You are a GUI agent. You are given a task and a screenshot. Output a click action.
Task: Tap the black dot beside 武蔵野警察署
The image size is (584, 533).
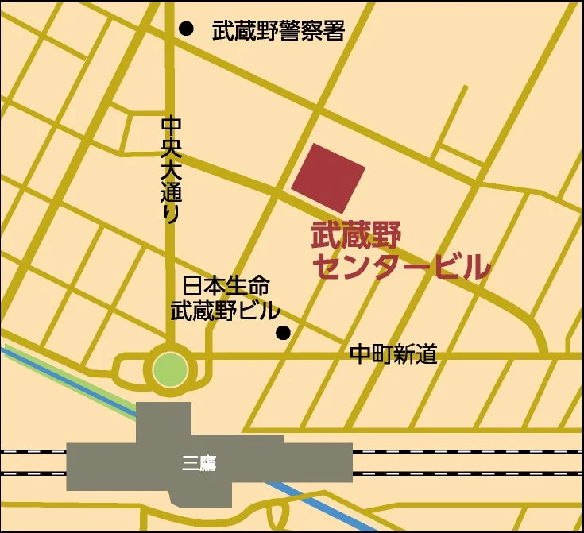[x=186, y=29]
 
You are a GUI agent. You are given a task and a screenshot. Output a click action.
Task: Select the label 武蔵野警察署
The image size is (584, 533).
[x=278, y=31]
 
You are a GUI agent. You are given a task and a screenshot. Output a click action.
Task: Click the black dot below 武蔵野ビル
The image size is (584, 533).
[x=283, y=333]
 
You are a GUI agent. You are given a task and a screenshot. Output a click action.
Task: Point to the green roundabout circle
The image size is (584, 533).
[x=170, y=369]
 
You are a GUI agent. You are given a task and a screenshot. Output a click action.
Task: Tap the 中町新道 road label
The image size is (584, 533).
[x=394, y=354]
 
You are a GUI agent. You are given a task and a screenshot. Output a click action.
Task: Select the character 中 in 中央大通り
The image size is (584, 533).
[x=171, y=126]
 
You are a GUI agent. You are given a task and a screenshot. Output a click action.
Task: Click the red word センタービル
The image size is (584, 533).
[x=400, y=268]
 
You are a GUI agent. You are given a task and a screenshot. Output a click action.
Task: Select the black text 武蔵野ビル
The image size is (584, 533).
[x=226, y=311]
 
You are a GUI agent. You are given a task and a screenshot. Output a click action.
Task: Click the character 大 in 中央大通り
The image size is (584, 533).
[x=171, y=169]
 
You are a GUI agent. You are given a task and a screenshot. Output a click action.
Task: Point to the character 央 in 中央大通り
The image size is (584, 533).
[x=171, y=147]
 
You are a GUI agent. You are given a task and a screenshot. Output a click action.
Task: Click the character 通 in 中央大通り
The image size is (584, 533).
[x=171, y=191]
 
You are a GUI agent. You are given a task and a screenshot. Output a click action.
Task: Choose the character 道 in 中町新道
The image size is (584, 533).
[x=427, y=354]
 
